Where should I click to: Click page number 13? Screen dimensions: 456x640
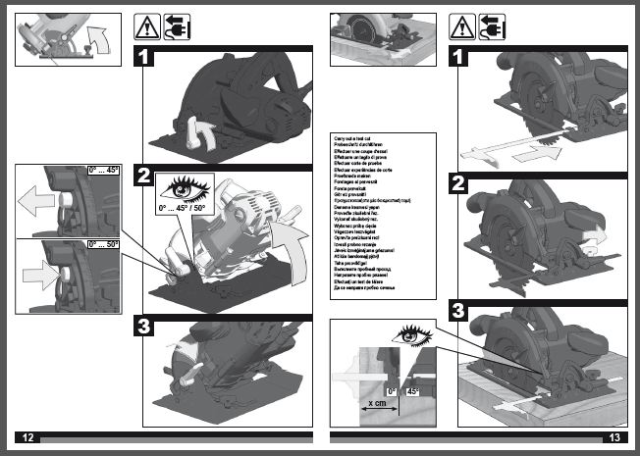[x=615, y=436]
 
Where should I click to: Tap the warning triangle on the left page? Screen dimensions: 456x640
[x=147, y=26]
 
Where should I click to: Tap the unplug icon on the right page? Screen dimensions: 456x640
[x=493, y=26]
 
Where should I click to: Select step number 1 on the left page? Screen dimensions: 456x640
[x=144, y=57]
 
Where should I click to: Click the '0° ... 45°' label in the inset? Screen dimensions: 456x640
[x=103, y=170]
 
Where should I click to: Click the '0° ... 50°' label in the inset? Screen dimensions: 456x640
[x=103, y=242]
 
